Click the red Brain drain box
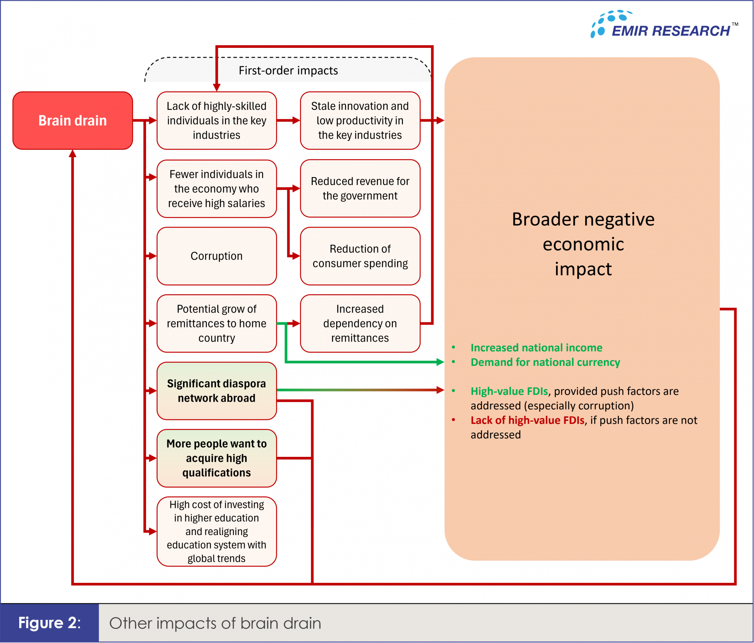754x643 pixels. pyautogui.click(x=73, y=121)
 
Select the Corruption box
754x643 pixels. pyautogui.click(x=217, y=256)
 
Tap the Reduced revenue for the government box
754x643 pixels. pyautogui.click(x=360, y=188)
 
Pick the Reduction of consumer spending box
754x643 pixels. pyautogui.click(x=360, y=256)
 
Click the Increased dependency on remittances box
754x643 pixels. pyautogui.click(x=360, y=323)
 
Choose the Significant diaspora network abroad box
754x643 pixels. pyautogui.click(x=217, y=391)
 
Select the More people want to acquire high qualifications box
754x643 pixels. pyautogui.click(x=217, y=458)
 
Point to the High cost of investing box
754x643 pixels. pyautogui.click(x=217, y=532)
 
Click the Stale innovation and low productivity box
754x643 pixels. pyautogui.click(x=360, y=121)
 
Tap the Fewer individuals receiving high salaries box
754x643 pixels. pyautogui.click(x=217, y=188)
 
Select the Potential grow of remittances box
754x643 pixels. pyautogui.click(x=217, y=323)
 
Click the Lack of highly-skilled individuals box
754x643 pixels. pyautogui.click(x=217, y=121)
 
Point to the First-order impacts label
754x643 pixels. pyautogui.click(x=288, y=70)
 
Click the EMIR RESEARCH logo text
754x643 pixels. pyautogui.click(x=671, y=31)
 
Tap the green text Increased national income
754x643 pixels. pyautogui.click(x=536, y=348)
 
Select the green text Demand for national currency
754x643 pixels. pyautogui.click(x=545, y=362)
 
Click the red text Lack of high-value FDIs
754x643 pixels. pyautogui.click(x=527, y=420)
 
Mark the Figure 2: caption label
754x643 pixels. pyautogui.click(x=49, y=623)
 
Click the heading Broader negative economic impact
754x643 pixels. pyautogui.click(x=583, y=244)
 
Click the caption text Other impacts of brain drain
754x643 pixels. pyautogui.click(x=215, y=623)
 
